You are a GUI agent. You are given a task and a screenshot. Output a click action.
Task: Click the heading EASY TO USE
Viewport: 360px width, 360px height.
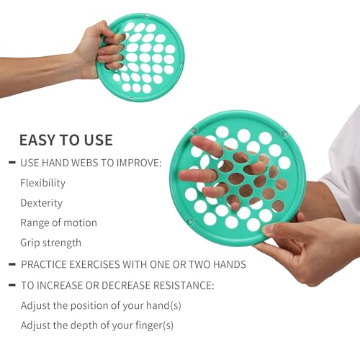[66, 140]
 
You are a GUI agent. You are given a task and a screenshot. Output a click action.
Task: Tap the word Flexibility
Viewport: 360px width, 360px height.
[42, 183]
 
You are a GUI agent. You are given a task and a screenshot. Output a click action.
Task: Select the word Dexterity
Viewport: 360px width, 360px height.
[41, 203]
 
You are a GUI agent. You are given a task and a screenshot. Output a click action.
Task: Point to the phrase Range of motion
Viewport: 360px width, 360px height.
[58, 222]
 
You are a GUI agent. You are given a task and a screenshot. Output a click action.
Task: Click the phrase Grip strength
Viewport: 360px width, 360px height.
[50, 243]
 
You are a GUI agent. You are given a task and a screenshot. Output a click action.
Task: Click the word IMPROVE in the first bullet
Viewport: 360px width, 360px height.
[139, 163]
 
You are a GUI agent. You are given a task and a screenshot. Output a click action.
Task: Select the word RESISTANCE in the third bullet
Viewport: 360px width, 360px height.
[184, 285]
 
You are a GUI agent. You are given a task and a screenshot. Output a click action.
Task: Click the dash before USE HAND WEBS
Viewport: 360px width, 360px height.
[12, 163]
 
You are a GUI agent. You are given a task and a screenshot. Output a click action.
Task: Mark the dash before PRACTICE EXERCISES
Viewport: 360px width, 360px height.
[12, 264]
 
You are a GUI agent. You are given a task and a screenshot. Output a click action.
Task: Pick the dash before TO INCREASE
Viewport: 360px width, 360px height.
[12, 285]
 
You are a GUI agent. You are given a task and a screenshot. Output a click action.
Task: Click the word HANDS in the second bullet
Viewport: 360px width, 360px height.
[230, 264]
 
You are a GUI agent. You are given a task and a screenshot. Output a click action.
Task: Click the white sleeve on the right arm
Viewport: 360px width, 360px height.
[344, 168]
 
